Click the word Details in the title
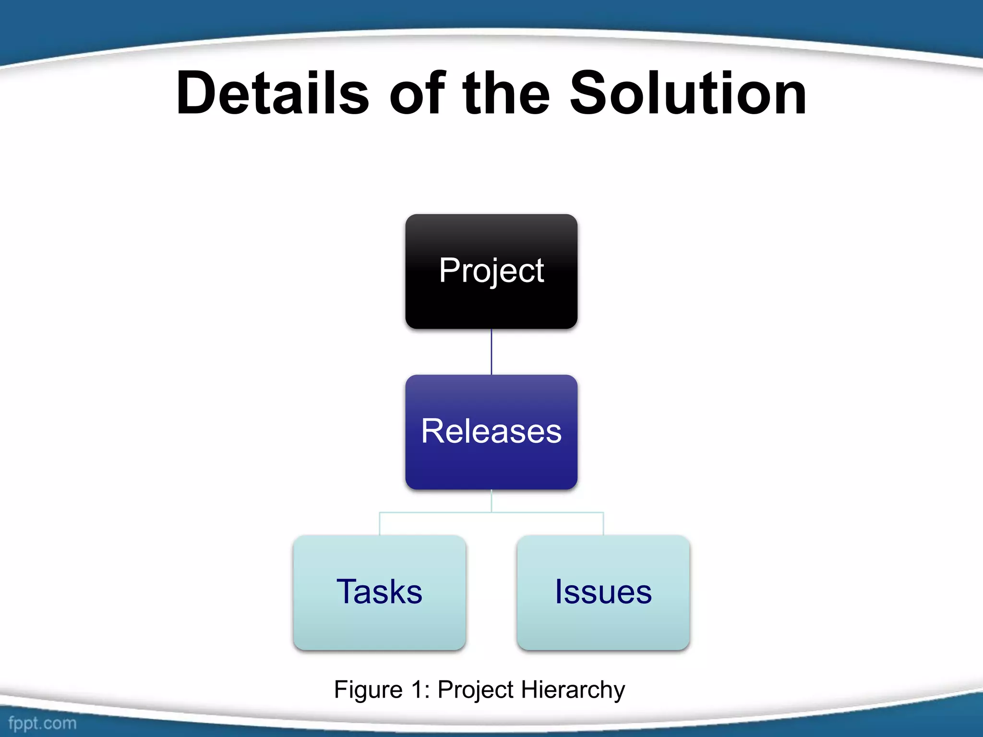272,93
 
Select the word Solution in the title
687,93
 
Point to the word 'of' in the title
417,93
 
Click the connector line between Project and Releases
491,352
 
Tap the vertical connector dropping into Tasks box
380,524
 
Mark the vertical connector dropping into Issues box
603,524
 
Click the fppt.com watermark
42,723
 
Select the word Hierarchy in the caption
573,690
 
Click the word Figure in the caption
368,690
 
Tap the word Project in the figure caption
475,690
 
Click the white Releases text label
491,431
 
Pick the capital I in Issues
559,591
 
